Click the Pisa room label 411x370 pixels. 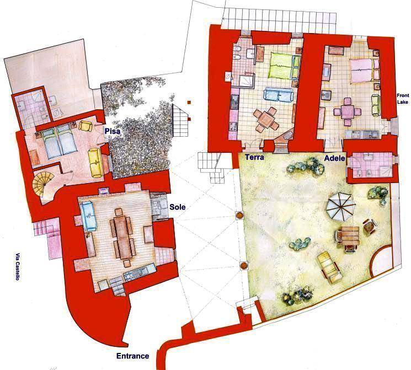(113, 131)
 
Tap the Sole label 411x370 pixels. (178, 207)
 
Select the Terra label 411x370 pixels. (254, 157)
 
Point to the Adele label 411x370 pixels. (334, 158)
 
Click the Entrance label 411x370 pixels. (132, 356)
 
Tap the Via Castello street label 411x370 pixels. (17, 266)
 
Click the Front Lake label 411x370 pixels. (403, 99)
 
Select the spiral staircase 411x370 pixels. (42, 183)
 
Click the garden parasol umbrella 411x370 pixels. (340, 206)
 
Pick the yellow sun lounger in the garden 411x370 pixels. (329, 267)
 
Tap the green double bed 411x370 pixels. (284, 65)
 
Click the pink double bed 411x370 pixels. (364, 70)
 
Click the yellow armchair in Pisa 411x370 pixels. (86, 126)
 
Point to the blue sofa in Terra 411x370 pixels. (278, 94)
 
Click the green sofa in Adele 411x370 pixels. (376, 105)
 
